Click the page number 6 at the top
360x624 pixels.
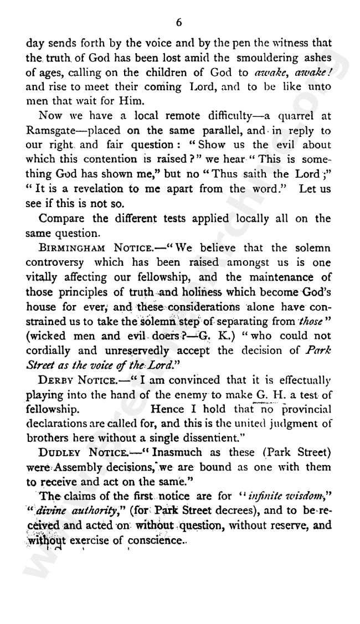coord(178,23)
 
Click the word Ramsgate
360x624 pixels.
coord(48,147)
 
